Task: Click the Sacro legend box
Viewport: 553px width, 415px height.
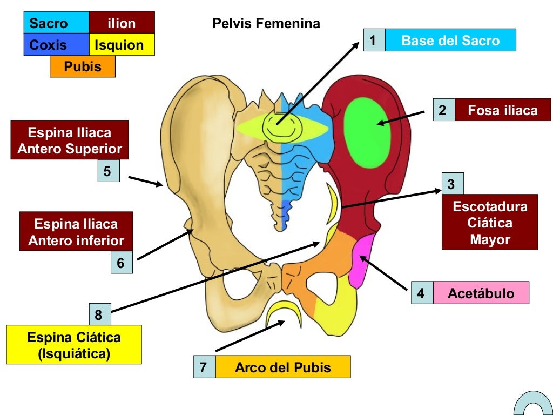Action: pyautogui.click(x=56, y=23)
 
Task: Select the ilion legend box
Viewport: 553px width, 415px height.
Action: pyautogui.click(x=122, y=23)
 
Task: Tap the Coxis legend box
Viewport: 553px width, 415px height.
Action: pyautogui.click(x=56, y=45)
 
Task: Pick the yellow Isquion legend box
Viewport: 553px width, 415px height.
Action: pyautogui.click(x=122, y=45)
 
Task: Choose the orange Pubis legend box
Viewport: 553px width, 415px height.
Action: pyautogui.click(x=83, y=67)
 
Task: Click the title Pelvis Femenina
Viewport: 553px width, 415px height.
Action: pyautogui.click(x=266, y=24)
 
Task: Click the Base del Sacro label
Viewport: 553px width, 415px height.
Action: pyautogui.click(x=450, y=41)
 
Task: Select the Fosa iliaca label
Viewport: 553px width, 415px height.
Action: pyautogui.click(x=502, y=110)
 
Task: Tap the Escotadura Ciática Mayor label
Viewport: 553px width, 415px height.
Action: pyautogui.click(x=490, y=222)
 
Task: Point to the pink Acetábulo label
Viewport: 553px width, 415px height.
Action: pyautogui.click(x=481, y=294)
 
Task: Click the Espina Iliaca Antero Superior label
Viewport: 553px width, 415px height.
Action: pyautogui.click(x=70, y=140)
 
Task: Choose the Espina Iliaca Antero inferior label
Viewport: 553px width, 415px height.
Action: pyautogui.click(x=76, y=231)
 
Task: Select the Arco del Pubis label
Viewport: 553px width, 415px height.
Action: pyautogui.click(x=282, y=368)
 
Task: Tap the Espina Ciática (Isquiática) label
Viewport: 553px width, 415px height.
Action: pyautogui.click(x=74, y=345)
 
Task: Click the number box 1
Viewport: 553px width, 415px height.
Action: pyautogui.click(x=374, y=41)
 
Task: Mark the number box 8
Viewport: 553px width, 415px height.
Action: pyautogui.click(x=99, y=315)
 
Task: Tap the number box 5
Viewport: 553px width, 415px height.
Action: pyautogui.click(x=107, y=171)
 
